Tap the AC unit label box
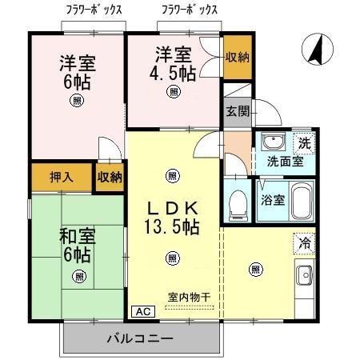point(141,311)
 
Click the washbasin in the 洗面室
point(274,144)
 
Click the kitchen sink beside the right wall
point(305,278)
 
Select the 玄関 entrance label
point(235,110)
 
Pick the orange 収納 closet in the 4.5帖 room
point(237,57)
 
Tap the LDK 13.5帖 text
point(172,215)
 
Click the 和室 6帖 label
point(77,246)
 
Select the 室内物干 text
point(189,298)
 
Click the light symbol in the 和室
point(78,276)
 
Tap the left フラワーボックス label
point(94,10)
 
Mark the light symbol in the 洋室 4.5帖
point(173,93)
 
